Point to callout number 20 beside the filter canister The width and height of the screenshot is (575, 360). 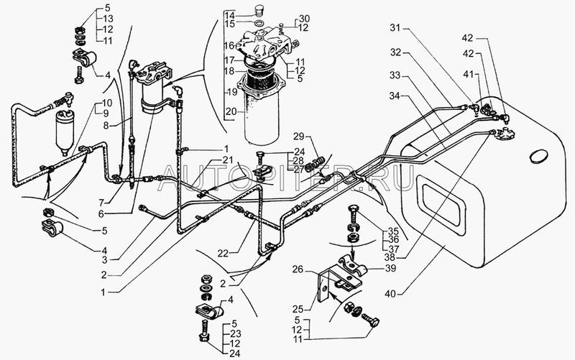[230, 112]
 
